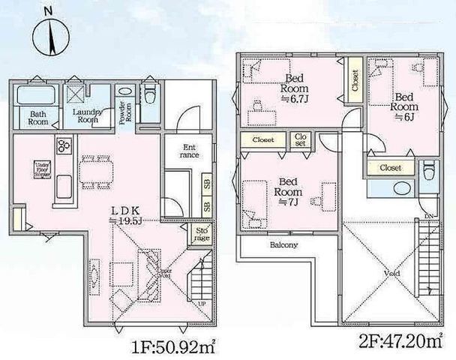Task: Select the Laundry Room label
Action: click(87, 115)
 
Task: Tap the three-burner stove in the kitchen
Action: click(63, 145)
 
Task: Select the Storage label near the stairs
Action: click(202, 235)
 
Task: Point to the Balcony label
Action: click(283, 245)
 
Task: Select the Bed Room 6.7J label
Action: click(295, 87)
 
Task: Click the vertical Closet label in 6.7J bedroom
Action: click(355, 81)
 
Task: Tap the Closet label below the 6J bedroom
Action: click(389, 167)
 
